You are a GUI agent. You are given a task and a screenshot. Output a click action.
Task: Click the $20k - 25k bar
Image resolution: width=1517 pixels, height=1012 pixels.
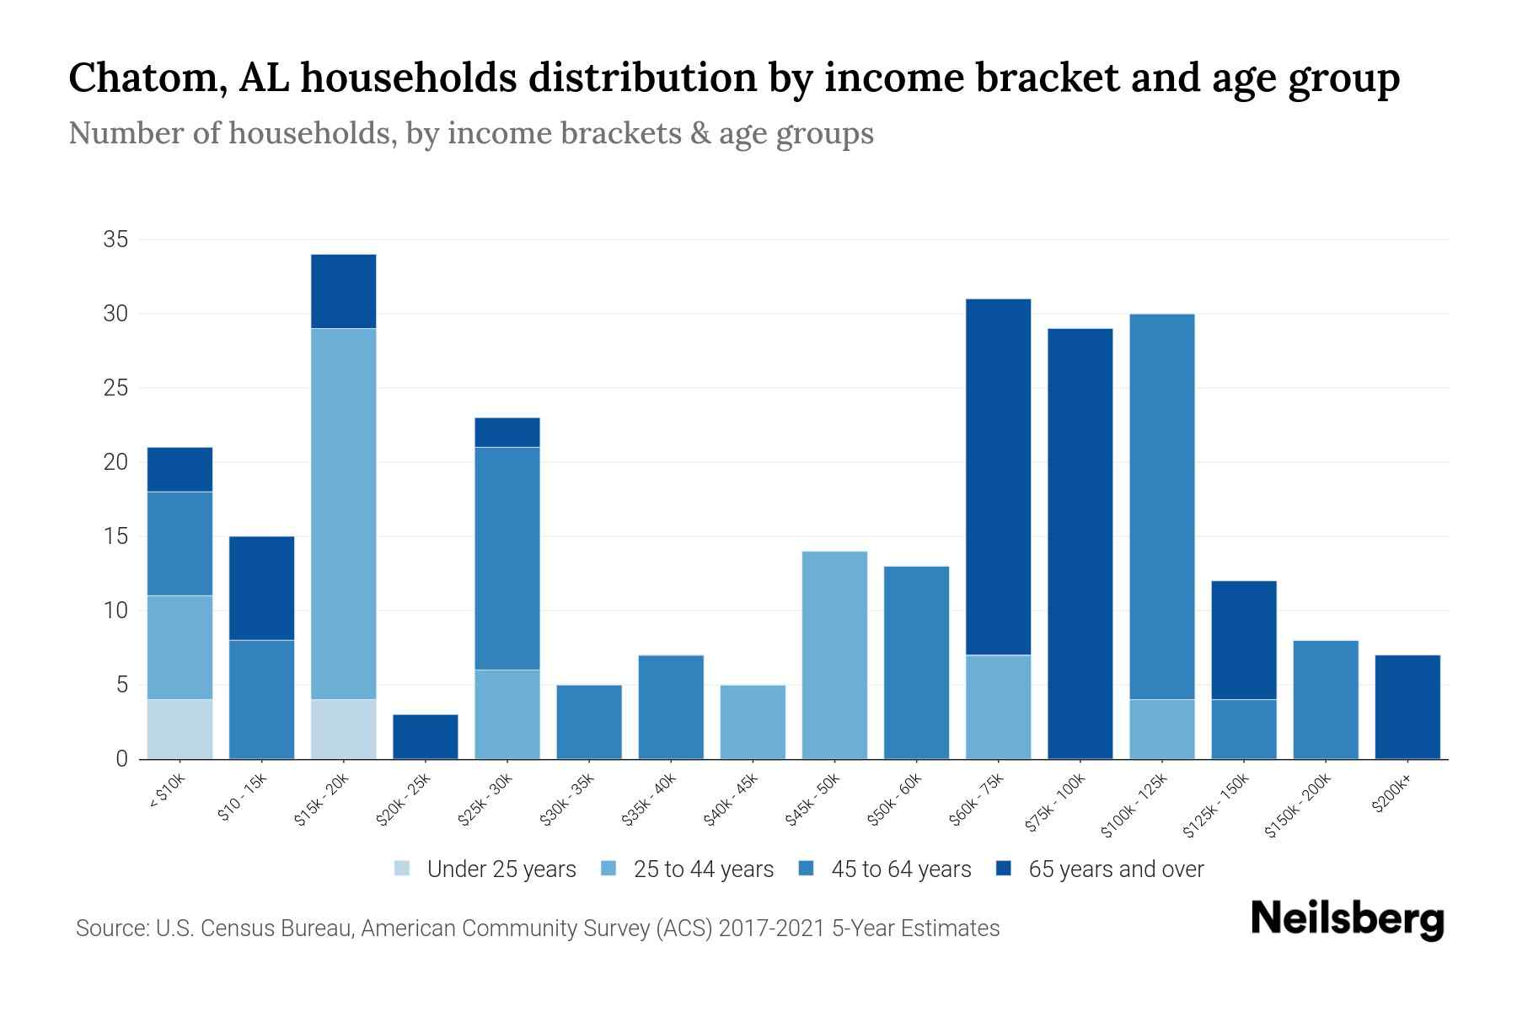click(426, 736)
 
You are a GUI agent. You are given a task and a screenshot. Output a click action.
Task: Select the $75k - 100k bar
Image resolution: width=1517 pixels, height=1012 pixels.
click(1080, 543)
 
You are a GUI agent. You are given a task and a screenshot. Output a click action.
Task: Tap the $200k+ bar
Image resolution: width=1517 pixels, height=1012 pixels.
click(1407, 707)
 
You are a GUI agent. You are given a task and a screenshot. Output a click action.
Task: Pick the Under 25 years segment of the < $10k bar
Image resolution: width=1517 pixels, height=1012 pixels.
click(180, 729)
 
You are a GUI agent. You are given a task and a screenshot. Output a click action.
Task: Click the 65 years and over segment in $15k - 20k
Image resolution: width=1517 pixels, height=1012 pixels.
click(344, 291)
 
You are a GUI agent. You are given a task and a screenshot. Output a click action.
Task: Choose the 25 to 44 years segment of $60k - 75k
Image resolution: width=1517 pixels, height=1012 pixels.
click(998, 707)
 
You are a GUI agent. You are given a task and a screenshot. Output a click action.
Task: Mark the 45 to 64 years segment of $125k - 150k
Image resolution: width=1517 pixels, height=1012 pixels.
click(1243, 729)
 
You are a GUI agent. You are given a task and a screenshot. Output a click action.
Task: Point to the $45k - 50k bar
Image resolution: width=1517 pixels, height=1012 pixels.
click(834, 654)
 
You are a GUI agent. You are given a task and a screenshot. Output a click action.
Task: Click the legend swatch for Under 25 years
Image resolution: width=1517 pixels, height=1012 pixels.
click(403, 869)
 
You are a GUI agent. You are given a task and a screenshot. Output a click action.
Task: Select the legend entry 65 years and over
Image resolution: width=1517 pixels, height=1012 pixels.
click(1116, 869)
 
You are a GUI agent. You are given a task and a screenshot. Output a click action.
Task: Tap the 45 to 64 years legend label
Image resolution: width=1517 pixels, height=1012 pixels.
click(901, 869)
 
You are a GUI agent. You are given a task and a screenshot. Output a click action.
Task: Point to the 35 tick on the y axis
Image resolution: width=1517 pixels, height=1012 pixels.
click(115, 240)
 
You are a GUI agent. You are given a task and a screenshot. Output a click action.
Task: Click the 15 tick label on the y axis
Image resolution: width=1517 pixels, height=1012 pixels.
click(115, 536)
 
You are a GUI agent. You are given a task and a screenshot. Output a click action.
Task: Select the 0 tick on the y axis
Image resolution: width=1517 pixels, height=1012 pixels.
click(121, 759)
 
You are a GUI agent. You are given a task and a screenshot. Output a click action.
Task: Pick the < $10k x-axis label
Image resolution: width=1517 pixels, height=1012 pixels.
click(167, 791)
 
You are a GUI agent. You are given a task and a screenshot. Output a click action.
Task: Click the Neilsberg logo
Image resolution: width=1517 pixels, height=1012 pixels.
click(1347, 919)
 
